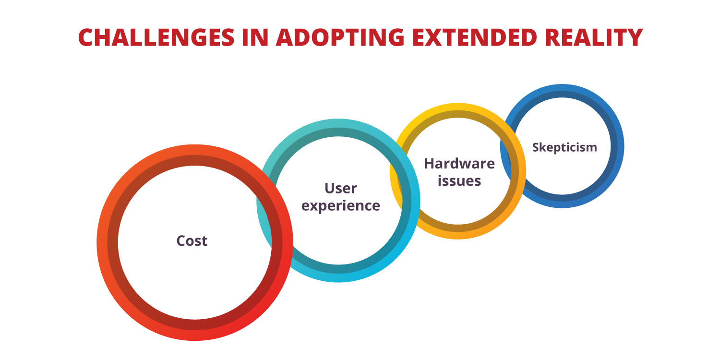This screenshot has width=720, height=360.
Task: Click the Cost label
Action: (x=192, y=240)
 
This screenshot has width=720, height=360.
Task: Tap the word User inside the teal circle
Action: (x=341, y=188)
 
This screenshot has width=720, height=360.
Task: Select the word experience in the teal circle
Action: (x=341, y=205)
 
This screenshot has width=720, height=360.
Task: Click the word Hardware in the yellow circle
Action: (x=459, y=164)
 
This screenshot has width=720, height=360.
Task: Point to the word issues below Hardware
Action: (x=459, y=181)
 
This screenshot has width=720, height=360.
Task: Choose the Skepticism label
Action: (x=564, y=147)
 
